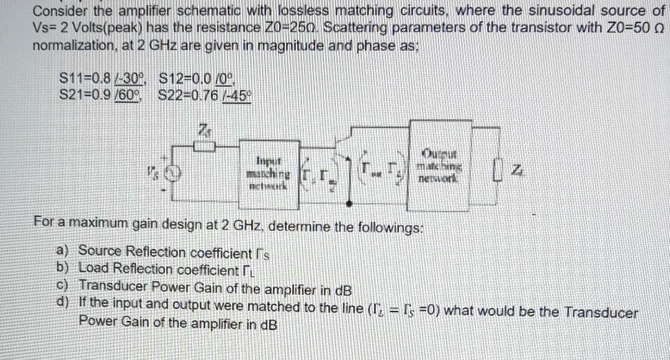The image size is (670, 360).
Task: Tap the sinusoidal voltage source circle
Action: pos(177,172)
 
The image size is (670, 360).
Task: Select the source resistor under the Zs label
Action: pos(205,146)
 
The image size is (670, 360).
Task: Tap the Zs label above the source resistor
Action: pos(203,131)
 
